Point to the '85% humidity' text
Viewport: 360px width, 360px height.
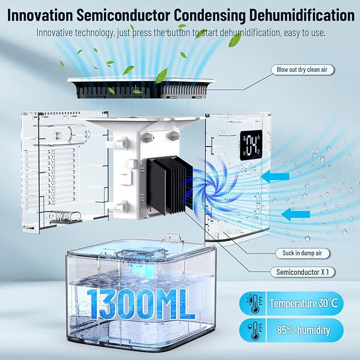tap(304, 330)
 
